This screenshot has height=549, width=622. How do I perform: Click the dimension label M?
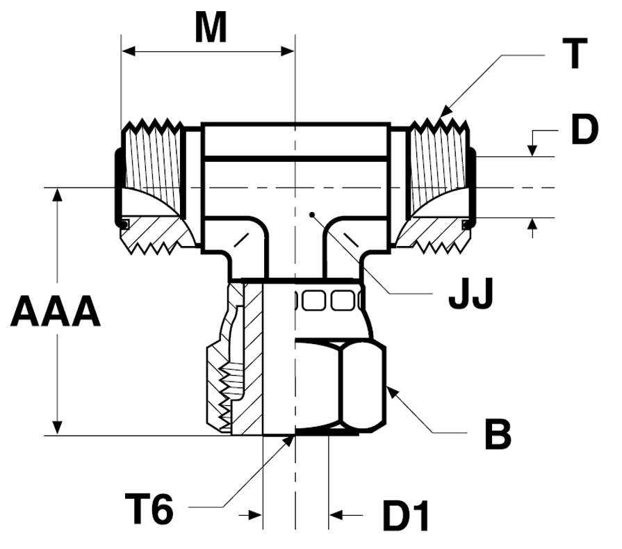(211, 27)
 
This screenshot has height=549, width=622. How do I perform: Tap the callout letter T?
(575, 54)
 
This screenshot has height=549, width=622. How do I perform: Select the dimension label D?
(584, 129)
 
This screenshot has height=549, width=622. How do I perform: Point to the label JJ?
(470, 293)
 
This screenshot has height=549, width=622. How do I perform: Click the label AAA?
(55, 311)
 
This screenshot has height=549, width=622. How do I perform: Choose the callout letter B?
(498, 435)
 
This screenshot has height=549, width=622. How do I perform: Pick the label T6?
(149, 508)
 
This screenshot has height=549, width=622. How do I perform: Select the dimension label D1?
(406, 516)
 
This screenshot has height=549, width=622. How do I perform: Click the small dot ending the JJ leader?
(312, 215)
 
